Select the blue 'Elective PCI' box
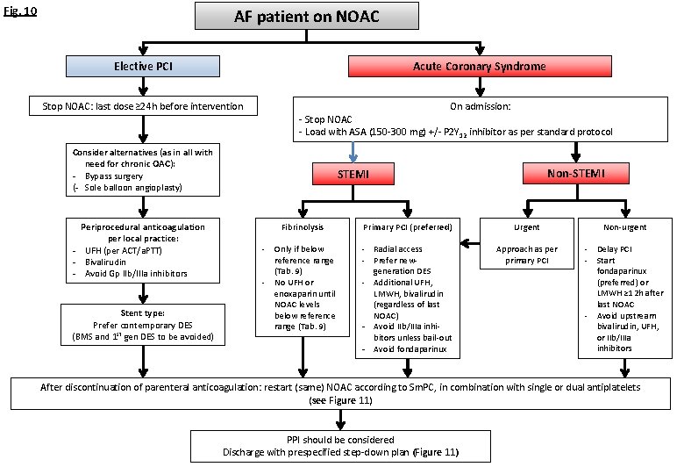pyautogui.click(x=143, y=67)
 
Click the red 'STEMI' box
pyautogui.click(x=353, y=175)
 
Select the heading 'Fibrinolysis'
pyautogui.click(x=303, y=226)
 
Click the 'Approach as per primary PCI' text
pyautogui.click(x=526, y=255)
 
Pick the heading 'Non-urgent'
pyautogui.click(x=625, y=226)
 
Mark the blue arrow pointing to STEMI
pyautogui.click(x=353, y=152)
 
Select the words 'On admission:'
pyautogui.click(x=480, y=105)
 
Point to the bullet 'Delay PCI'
pyautogui.click(x=614, y=249)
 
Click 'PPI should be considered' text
pyautogui.click(x=340, y=440)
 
